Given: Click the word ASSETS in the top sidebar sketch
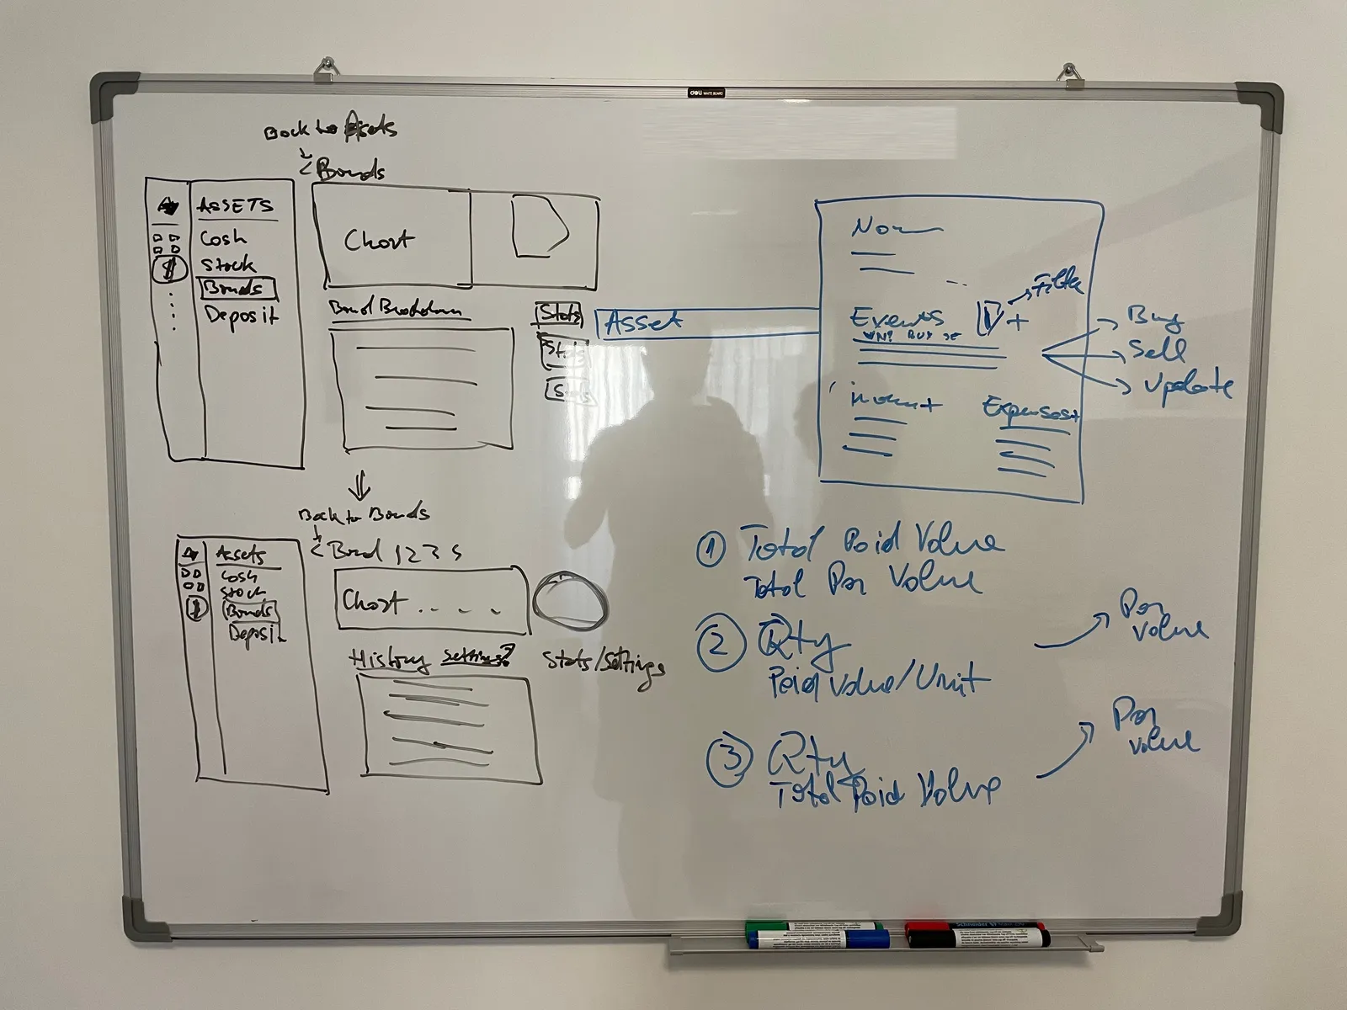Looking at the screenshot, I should pyautogui.click(x=235, y=205).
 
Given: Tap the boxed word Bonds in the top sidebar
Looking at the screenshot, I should pyautogui.click(x=237, y=288).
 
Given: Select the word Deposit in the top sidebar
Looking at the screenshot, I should pyautogui.click(x=242, y=316).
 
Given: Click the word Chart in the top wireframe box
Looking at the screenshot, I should pyautogui.click(x=378, y=241).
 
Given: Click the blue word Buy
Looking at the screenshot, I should pyautogui.click(x=1156, y=318).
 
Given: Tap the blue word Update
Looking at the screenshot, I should pyautogui.click(x=1187, y=385).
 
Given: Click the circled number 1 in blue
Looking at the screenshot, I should pyautogui.click(x=711, y=550).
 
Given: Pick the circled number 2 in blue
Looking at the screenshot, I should pyautogui.click(x=717, y=646).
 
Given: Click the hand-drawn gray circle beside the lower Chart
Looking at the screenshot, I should pyautogui.click(x=569, y=600).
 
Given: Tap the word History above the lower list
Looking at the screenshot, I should pyautogui.click(x=389, y=660).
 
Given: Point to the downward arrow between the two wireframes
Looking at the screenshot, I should pyautogui.click(x=360, y=485).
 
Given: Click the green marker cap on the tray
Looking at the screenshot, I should pyautogui.click(x=755, y=927).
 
